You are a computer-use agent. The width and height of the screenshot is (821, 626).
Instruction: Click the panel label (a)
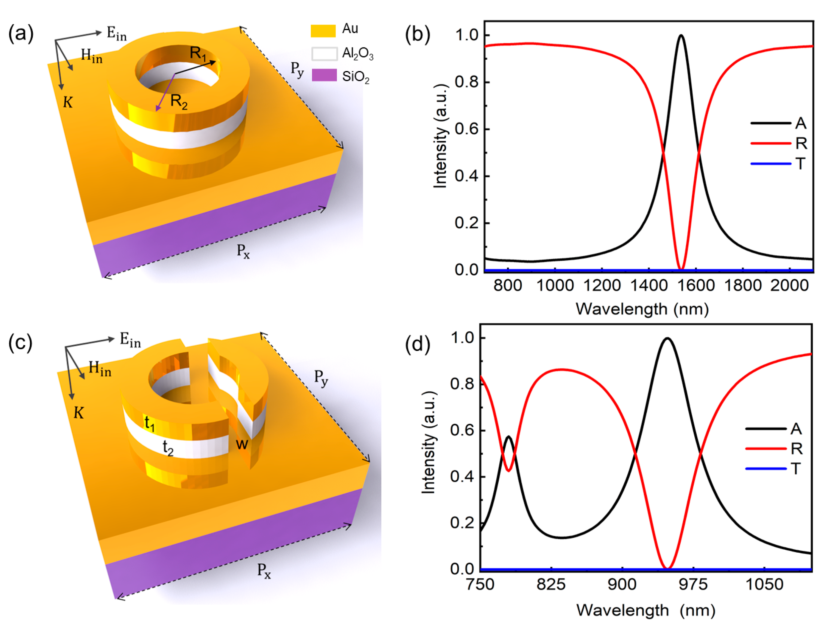coord(21,34)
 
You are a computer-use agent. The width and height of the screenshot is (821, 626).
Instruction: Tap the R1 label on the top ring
coord(198,53)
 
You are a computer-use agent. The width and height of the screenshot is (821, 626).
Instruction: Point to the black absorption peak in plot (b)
coord(681,36)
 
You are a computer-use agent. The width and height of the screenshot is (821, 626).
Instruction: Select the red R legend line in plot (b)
coord(770,143)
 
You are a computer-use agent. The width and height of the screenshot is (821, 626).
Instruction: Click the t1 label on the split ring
coord(150,424)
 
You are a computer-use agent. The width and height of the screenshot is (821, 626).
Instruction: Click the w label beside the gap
coord(242,444)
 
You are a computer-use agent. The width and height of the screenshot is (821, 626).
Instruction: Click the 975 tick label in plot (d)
coord(693,584)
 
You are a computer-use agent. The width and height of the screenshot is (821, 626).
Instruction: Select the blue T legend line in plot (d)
coord(766,468)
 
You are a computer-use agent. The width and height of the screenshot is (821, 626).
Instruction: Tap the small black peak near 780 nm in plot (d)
coord(509,436)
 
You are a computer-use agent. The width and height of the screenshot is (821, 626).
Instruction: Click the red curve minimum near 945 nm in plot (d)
coord(667,568)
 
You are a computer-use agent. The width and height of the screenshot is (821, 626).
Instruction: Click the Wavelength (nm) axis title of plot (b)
coord(642,309)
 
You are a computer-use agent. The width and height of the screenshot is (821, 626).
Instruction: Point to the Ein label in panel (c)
coord(130,340)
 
